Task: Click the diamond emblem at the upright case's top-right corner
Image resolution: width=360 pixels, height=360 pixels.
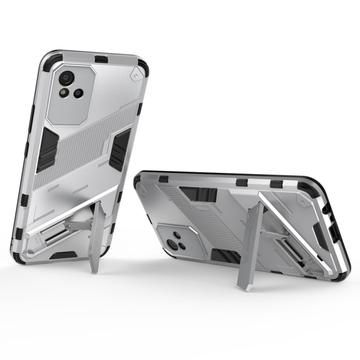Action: (136, 74)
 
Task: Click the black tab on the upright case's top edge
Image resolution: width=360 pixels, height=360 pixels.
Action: (102, 59)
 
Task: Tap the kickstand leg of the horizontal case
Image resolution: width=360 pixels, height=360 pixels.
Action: (252, 240)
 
